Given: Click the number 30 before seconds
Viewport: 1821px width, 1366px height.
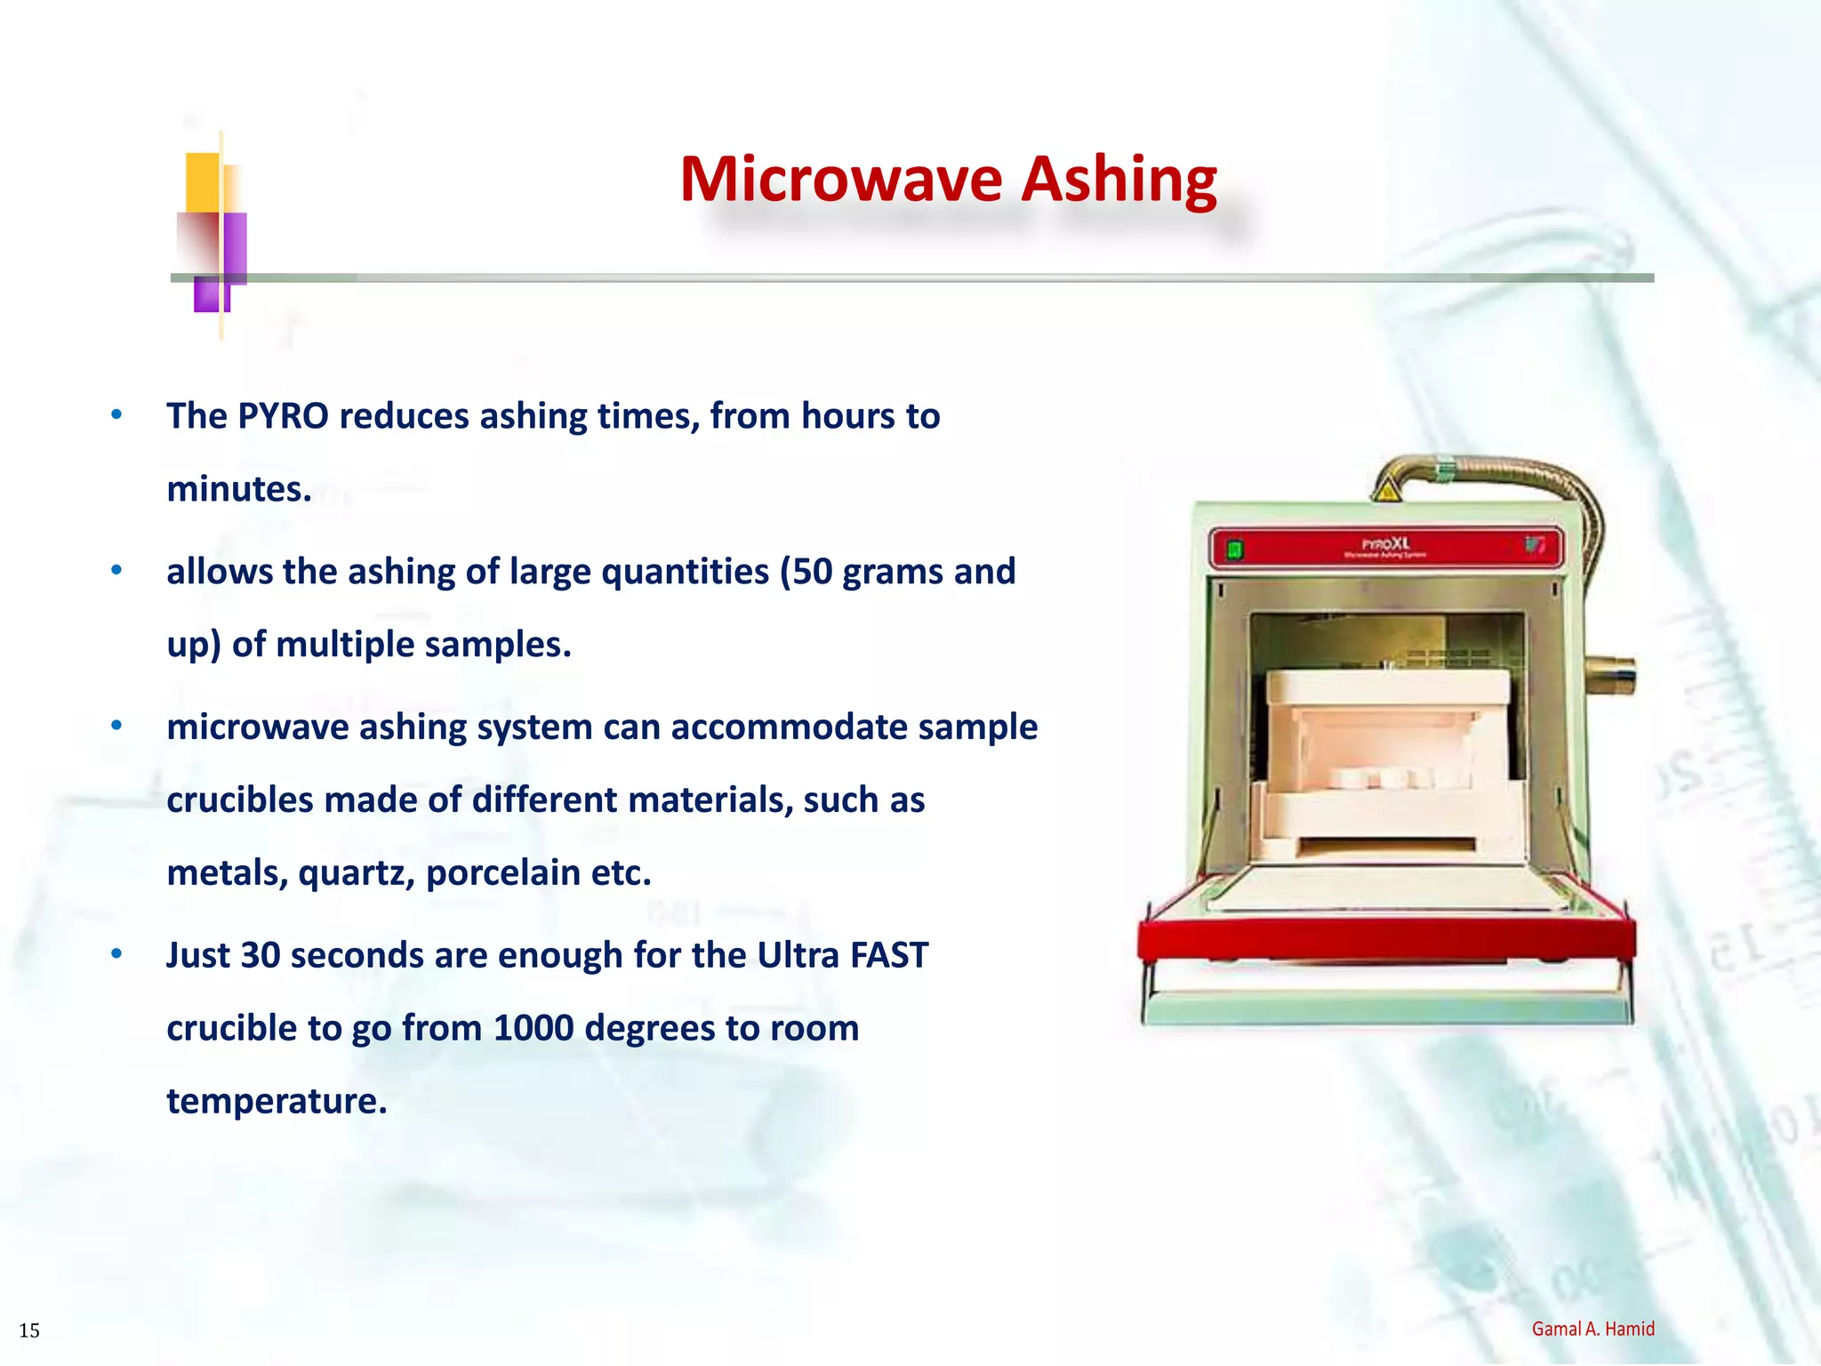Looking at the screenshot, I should pos(260,955).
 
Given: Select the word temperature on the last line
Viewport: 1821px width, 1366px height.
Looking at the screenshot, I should pos(277,1101).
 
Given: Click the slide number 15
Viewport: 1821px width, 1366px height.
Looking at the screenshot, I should pos(29,1330).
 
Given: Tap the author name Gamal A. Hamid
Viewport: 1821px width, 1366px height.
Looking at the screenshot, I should pos(1592,1329).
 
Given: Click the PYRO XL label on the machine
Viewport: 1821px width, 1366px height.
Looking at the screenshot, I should pos(1385,544).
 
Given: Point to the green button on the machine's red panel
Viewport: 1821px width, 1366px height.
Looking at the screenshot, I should pos(1234,550).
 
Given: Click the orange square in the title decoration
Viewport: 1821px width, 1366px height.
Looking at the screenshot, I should pos(202,181).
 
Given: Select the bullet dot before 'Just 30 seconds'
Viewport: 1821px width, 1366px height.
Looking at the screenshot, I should pos(116,954).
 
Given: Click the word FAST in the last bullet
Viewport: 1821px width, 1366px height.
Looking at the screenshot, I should pos(889,955).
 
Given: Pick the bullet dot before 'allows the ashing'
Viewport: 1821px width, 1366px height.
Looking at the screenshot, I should pos(116,570).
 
